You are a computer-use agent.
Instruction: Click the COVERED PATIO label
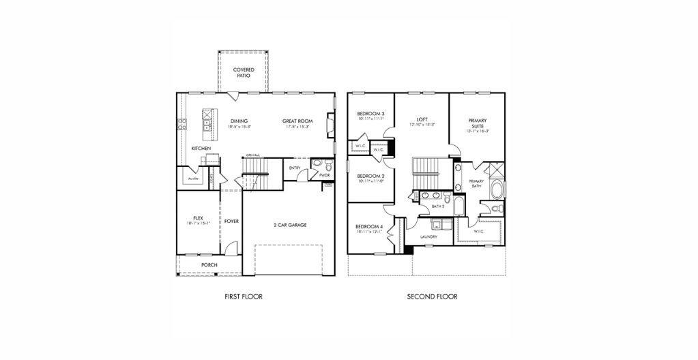pos(244,72)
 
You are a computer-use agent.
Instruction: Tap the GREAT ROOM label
pos(297,121)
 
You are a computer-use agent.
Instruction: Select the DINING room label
pos(239,121)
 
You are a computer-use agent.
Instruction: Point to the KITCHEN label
pos(201,148)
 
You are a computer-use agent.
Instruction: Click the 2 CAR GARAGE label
pos(289,224)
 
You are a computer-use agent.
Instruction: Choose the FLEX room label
pos(198,218)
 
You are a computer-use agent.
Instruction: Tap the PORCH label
pos(209,265)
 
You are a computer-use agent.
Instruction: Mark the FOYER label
pos(232,221)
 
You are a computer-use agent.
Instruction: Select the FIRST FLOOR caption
pos(244,297)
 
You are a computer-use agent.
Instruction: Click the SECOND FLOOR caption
pos(432,297)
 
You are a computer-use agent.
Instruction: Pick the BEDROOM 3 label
pos(370,114)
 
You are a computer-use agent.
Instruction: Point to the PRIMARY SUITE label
pos(477,123)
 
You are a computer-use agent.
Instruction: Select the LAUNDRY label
pos(428,237)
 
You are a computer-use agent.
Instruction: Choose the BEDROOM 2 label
pos(370,175)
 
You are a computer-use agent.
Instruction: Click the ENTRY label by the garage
pos(295,168)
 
